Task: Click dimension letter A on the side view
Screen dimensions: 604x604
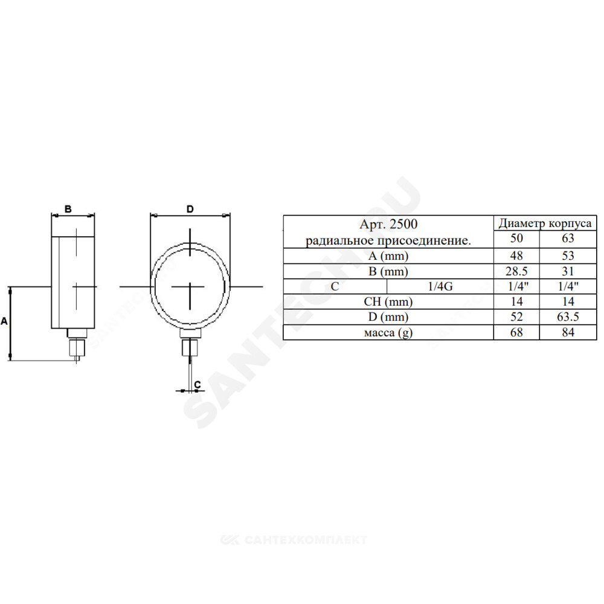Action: coord(4,321)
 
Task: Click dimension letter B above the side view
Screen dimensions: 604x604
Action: coord(68,209)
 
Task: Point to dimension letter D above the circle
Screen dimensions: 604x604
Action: coord(190,209)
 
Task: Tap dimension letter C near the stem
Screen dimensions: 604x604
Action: coord(198,384)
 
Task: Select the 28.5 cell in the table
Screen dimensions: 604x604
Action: coord(516,271)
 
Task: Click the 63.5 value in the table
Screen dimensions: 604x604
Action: coord(568,316)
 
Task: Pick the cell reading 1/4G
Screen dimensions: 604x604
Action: coord(440,286)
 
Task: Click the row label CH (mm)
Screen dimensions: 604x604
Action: coord(388,301)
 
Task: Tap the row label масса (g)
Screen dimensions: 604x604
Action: coord(388,332)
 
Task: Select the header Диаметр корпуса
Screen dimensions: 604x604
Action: coord(545,223)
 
